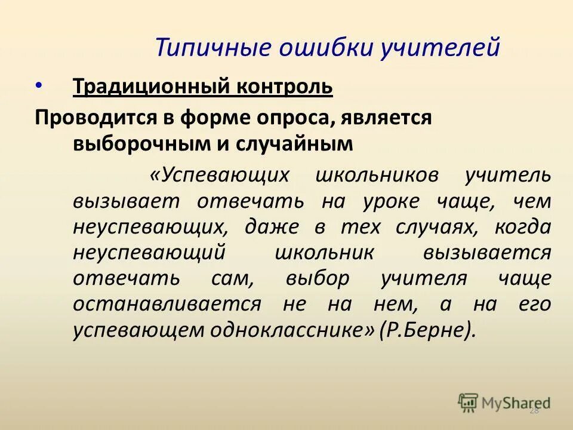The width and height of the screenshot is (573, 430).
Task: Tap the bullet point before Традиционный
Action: coord(39,85)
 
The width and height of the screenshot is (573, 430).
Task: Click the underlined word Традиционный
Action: coord(150,87)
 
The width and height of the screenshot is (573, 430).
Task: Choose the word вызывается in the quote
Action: coord(487,253)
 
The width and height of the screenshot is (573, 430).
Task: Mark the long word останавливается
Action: coord(168,304)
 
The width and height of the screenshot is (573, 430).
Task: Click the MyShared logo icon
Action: coord(468,402)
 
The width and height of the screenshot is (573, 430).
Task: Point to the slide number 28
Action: coord(534,410)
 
